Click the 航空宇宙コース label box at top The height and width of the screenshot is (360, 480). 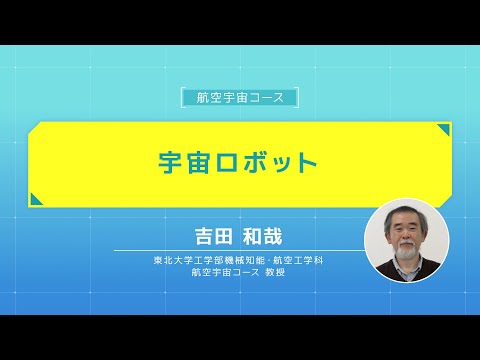[240, 97]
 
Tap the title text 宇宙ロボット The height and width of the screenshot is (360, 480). [239, 164]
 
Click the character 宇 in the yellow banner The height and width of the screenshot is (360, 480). [173, 164]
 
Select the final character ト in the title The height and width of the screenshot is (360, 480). [306, 164]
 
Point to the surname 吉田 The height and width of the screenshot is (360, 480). [212, 237]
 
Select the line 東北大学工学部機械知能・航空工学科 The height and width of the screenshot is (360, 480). [238, 259]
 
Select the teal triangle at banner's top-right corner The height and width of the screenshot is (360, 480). [442, 130]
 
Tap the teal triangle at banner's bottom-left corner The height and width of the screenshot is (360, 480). [35, 200]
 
